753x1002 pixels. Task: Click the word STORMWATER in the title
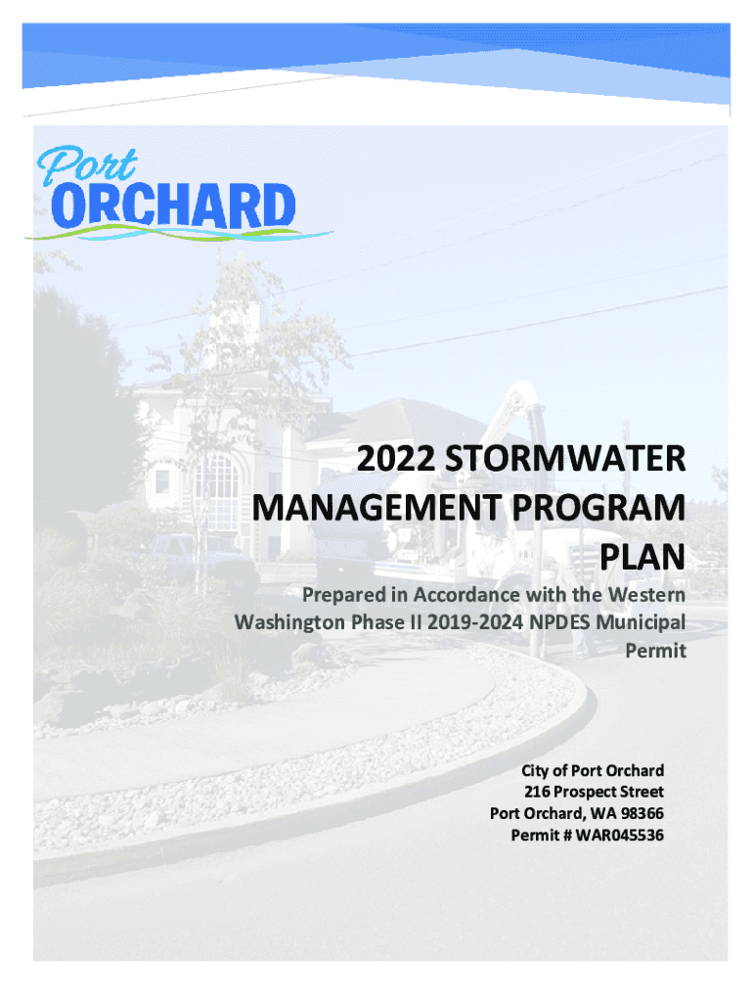click(x=565, y=458)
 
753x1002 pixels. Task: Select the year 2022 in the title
click(x=396, y=458)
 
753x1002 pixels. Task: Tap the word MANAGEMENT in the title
click(x=376, y=508)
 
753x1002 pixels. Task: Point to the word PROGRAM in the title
click(x=598, y=508)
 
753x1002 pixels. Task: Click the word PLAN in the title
click(x=642, y=557)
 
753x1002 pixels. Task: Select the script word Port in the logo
click(x=87, y=165)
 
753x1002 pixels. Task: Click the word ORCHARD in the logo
click(x=173, y=205)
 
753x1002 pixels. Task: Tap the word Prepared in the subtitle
click(x=344, y=595)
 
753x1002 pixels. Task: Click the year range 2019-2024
click(x=475, y=622)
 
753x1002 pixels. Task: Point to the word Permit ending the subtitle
click(x=655, y=651)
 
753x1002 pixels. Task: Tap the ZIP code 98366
click(x=642, y=813)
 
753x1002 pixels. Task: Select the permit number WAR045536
click(x=620, y=836)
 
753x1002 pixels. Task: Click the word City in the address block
click(x=535, y=771)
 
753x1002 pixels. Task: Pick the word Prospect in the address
click(x=582, y=793)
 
